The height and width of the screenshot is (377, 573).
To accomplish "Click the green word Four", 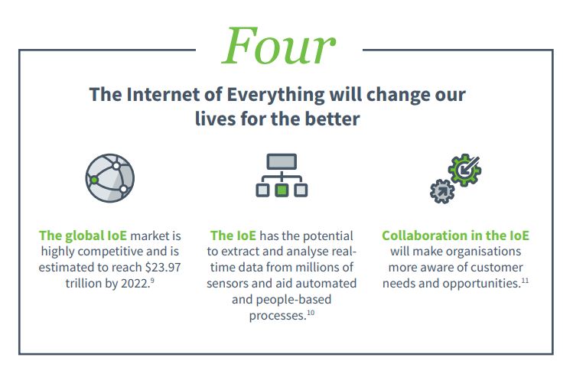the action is pyautogui.click(x=278, y=47).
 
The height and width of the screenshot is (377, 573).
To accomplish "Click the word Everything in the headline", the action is pyautogui.click(x=275, y=95).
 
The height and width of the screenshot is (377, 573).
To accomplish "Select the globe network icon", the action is pyautogui.click(x=110, y=178).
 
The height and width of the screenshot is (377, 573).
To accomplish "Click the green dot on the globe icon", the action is pyautogui.click(x=94, y=180).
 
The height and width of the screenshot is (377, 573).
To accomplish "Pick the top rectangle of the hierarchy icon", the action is pyautogui.click(x=282, y=161).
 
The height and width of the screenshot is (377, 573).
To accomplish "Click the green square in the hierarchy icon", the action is pyautogui.click(x=282, y=190).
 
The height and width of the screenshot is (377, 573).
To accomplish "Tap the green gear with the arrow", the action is pyautogui.click(x=464, y=170).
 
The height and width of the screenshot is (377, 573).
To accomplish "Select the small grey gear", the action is pyautogui.click(x=442, y=191).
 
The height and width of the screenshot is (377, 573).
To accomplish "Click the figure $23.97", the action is pyautogui.click(x=163, y=268).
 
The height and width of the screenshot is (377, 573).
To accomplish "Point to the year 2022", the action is pyautogui.click(x=135, y=284).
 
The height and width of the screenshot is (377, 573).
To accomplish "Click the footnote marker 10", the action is pyautogui.click(x=311, y=313).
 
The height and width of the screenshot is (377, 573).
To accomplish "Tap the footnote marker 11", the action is pyautogui.click(x=525, y=281).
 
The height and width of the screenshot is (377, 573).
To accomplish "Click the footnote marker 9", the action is pyautogui.click(x=152, y=281).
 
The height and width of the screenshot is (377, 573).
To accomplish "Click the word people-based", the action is pyautogui.click(x=294, y=300).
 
